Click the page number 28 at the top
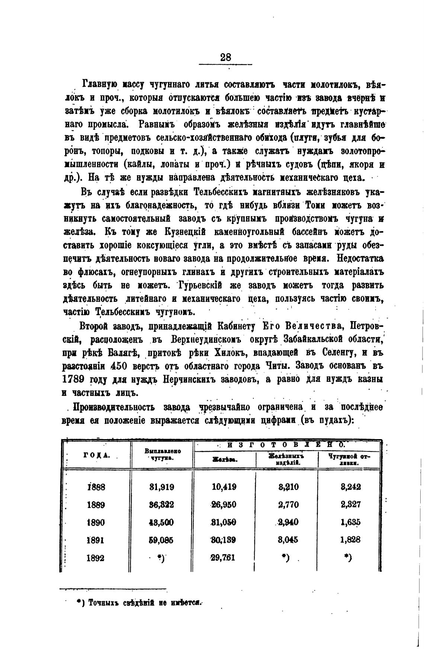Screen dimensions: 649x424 pos(226,57)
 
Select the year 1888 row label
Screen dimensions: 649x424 pos(96,487)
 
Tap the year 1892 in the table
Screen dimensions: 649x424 pos(96,558)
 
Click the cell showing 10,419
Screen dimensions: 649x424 pos(224,487)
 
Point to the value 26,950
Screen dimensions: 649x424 pos(224,505)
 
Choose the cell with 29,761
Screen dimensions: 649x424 pos(223,558)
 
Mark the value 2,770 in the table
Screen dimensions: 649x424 pos(288,505)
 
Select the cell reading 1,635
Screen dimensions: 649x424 pos(350,522)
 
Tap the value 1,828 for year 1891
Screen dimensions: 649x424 pos(350,540)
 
